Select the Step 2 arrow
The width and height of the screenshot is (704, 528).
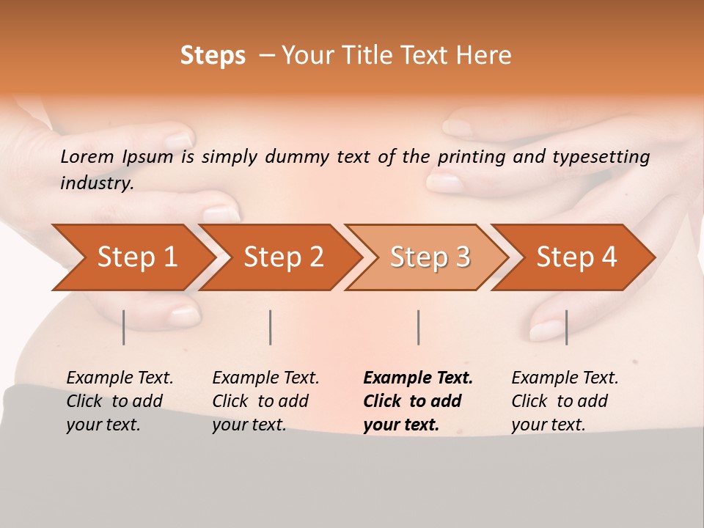[283, 257]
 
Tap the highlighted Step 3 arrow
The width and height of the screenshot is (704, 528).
[430, 257]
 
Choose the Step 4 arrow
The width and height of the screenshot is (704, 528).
[576, 257]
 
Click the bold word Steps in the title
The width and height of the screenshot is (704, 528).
[213, 56]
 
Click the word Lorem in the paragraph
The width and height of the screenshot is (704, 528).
[87, 156]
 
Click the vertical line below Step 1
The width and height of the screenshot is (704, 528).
[123, 327]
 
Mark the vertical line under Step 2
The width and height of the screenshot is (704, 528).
[271, 327]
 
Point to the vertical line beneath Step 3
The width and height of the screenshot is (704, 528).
[418, 327]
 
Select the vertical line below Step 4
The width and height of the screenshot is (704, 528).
[566, 327]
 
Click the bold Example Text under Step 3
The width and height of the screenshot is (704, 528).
[418, 378]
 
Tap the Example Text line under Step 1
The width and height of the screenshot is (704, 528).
[120, 378]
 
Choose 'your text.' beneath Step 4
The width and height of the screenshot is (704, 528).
[548, 425]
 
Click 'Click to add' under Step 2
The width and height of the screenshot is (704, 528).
[260, 401]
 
